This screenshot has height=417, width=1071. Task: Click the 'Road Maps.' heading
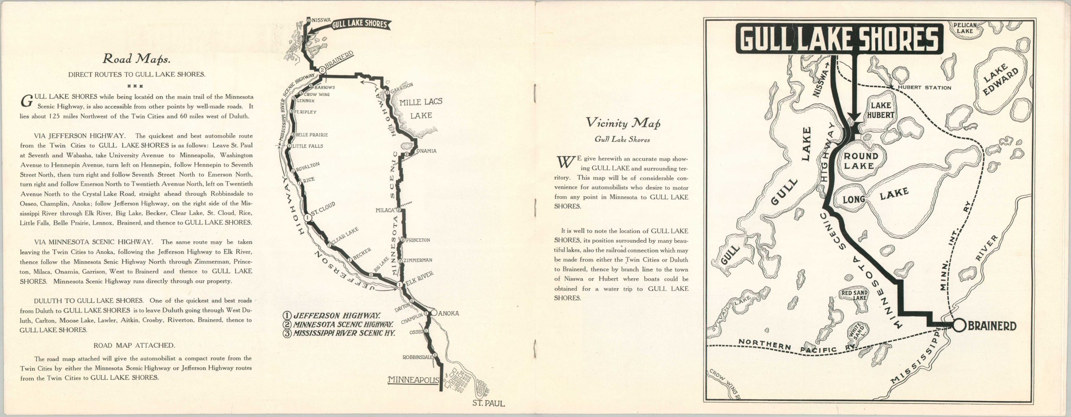coord(136,59)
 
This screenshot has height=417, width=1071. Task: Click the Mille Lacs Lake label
coord(420,108)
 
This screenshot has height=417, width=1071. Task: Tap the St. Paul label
coord(488,404)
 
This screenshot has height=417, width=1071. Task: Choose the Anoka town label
coord(449,313)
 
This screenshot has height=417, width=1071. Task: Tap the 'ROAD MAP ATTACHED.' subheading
coord(134,345)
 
